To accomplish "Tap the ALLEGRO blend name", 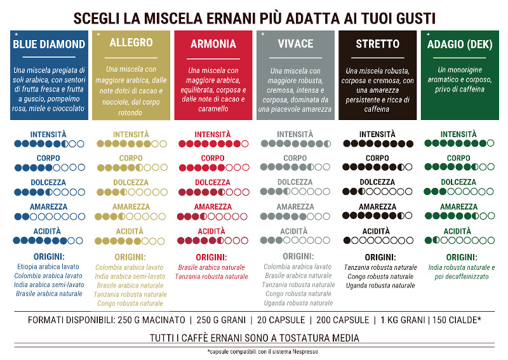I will click(x=131, y=43).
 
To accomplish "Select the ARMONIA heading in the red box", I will click(x=213, y=44).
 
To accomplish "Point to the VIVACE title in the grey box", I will click(x=295, y=44).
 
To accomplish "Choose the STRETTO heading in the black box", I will click(x=378, y=44).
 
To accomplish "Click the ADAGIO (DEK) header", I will click(x=460, y=44).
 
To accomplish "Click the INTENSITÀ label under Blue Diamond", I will click(x=49, y=135).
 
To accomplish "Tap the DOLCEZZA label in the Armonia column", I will click(x=213, y=183).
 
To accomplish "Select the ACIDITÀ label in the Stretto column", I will click(x=377, y=231).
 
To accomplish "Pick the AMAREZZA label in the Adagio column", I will click(x=459, y=207).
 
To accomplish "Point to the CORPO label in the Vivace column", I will click(x=295, y=159).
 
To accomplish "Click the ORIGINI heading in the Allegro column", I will click(x=131, y=257).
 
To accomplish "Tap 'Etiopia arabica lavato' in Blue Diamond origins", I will click(x=49, y=267).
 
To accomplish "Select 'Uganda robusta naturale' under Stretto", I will click(x=377, y=286).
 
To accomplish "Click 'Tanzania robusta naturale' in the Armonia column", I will click(x=213, y=277).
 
